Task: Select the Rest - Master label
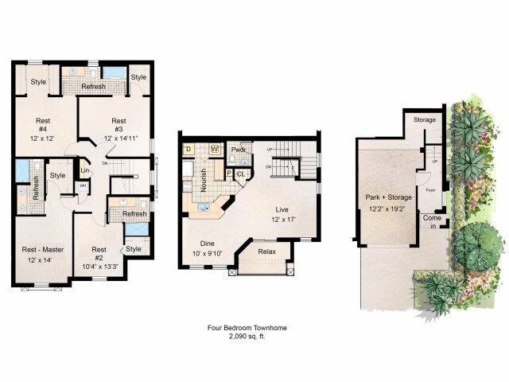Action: point(41,250)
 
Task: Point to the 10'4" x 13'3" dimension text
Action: point(98,267)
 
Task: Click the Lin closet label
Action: point(84,170)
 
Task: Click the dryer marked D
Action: point(188,149)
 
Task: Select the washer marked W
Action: point(214,149)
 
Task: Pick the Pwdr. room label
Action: point(238,149)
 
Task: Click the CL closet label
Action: point(240,173)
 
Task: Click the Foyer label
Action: point(429,190)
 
